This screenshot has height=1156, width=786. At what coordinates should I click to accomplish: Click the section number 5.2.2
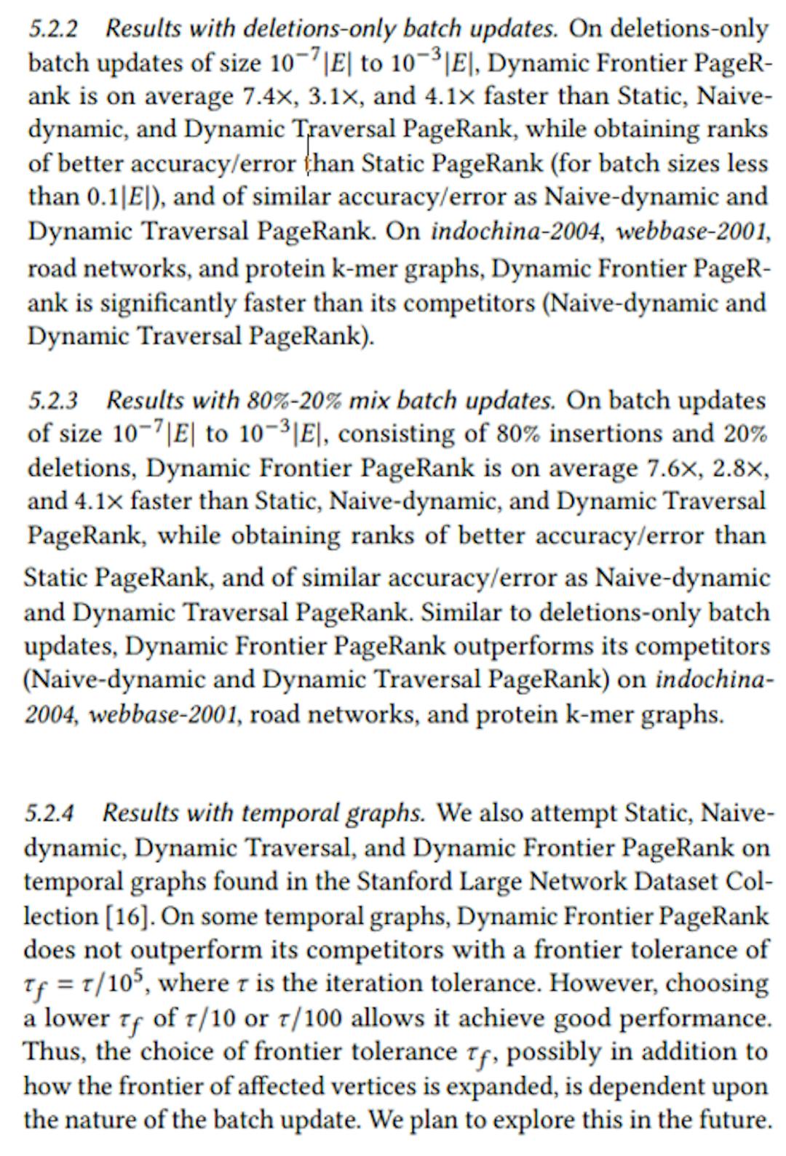[54, 29]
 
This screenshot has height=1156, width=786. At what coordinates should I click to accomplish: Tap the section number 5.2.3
[54, 401]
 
